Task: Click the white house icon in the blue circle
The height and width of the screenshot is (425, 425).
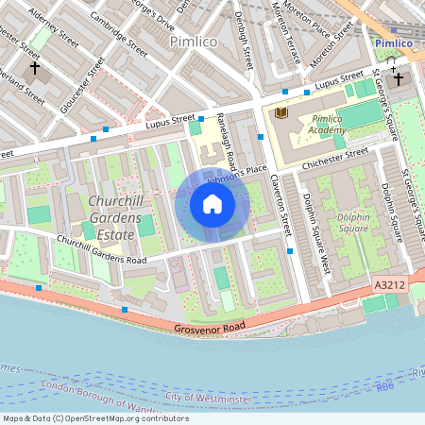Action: (x=212, y=204)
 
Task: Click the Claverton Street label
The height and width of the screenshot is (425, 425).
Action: (x=280, y=203)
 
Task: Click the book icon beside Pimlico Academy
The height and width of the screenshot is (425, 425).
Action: (x=280, y=113)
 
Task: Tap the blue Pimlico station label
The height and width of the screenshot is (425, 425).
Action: (x=394, y=43)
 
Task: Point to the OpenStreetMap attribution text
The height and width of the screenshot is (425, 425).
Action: (x=95, y=418)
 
